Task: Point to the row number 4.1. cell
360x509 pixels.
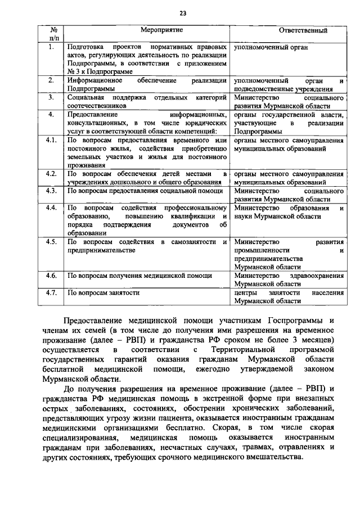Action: (51, 139)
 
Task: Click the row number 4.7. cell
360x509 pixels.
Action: (51, 292)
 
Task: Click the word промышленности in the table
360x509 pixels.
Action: (263, 250)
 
